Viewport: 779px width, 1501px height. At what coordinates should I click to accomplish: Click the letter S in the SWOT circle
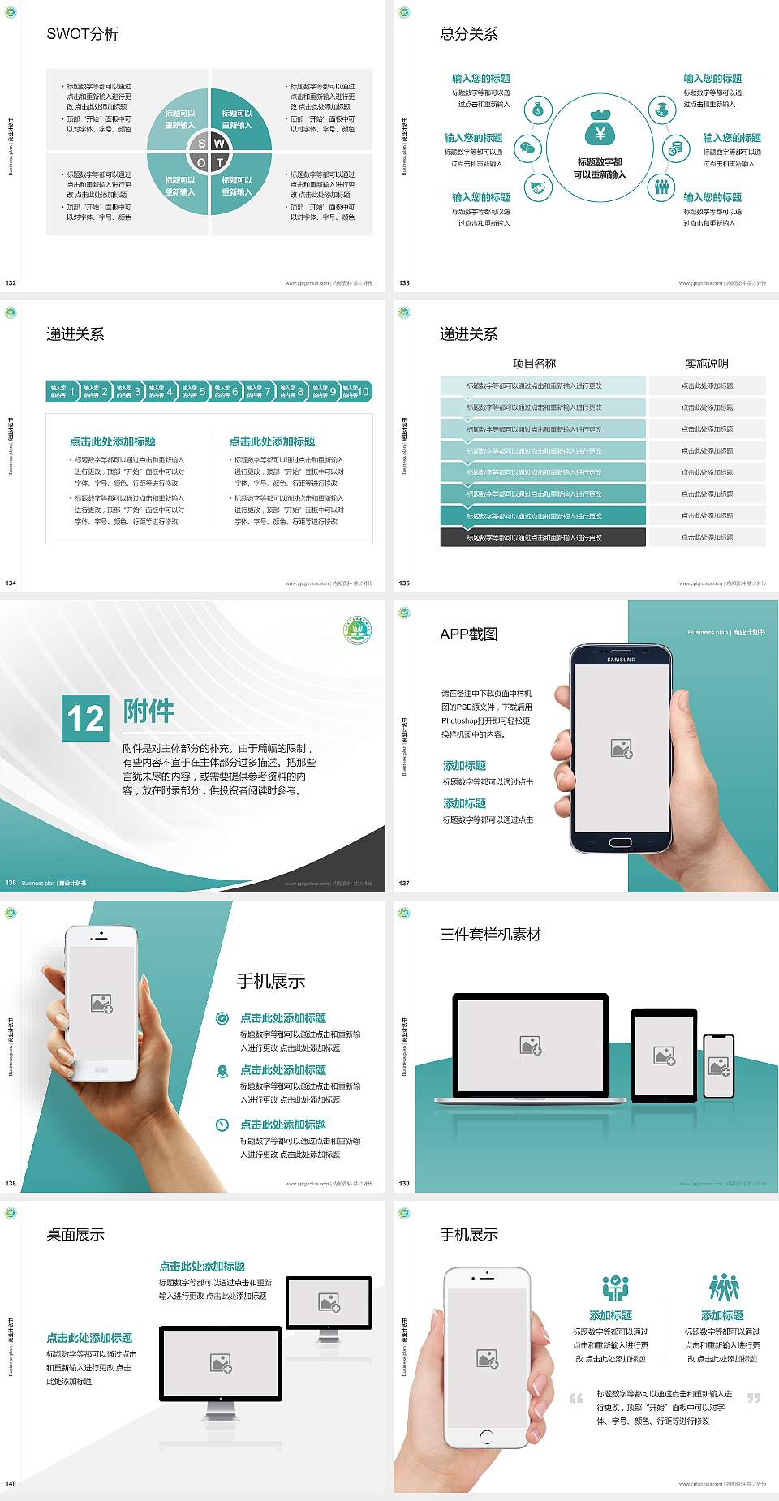click(x=202, y=144)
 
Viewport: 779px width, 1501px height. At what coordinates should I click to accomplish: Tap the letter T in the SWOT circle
click(x=219, y=162)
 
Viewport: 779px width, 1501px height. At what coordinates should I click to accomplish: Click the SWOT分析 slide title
click(x=83, y=34)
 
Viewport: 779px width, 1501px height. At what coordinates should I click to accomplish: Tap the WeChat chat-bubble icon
click(x=528, y=148)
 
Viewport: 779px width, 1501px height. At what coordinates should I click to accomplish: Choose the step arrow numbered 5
click(x=195, y=391)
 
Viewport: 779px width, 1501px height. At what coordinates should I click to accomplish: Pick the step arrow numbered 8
click(x=292, y=391)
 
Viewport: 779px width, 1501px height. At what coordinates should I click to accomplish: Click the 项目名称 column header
click(x=534, y=363)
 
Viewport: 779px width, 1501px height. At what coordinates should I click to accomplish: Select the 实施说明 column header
click(x=707, y=363)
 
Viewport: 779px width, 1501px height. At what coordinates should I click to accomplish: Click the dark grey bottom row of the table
click(x=543, y=537)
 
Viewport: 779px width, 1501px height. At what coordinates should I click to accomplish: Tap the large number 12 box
click(x=85, y=718)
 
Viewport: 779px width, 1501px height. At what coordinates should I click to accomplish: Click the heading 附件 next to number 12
click(x=148, y=711)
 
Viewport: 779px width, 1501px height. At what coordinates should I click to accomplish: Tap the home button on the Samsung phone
click(x=621, y=842)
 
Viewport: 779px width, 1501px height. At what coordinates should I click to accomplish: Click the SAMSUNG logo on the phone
click(x=621, y=660)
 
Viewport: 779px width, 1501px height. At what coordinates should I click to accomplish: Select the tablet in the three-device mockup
click(x=665, y=1056)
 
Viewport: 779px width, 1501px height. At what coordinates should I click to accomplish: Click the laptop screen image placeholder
click(x=531, y=1045)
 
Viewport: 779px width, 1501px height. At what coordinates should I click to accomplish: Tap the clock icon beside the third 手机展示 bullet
click(x=222, y=1125)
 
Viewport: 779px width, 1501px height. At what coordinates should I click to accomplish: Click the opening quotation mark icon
click(x=576, y=1398)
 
